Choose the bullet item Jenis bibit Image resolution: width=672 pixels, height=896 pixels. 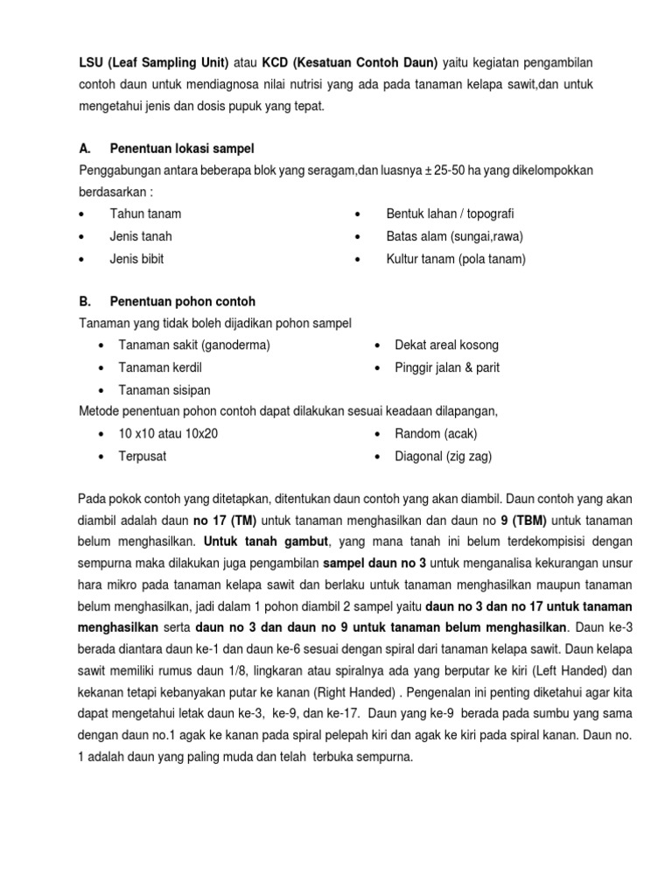(x=136, y=259)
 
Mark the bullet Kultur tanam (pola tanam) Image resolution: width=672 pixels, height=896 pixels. (x=456, y=259)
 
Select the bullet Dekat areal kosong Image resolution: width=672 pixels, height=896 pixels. (x=446, y=345)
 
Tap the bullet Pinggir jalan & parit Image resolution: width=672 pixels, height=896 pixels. (x=447, y=367)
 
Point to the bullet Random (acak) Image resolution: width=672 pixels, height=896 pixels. (x=436, y=434)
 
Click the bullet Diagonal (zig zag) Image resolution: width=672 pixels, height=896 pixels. (x=443, y=456)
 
